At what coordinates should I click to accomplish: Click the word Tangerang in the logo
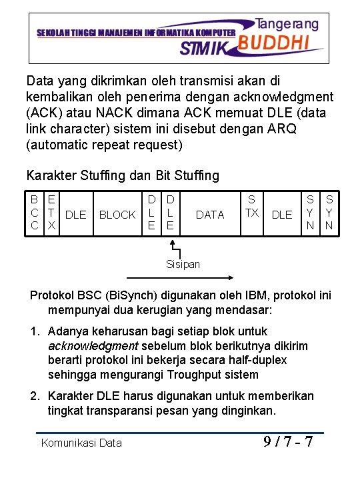pos(287,23)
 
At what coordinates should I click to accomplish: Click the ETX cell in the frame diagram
pos(51,214)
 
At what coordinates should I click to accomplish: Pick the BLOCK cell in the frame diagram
pos(117,215)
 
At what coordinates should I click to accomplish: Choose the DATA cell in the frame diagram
pos(211,215)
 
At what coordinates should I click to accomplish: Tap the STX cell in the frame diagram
pos(251,206)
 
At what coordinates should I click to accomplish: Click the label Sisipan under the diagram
pos(183,264)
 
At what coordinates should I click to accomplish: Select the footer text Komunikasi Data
pos(81,443)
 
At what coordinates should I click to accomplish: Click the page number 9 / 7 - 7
pos(288,441)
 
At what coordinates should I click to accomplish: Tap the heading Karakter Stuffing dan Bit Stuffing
pos(122,175)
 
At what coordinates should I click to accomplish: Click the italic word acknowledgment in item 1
pos(93,345)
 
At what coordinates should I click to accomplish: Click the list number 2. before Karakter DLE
pos(35,396)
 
